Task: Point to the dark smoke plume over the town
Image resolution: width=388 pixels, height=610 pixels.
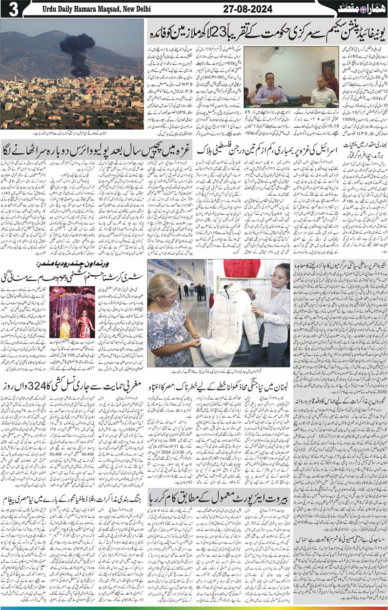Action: tap(77, 46)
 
